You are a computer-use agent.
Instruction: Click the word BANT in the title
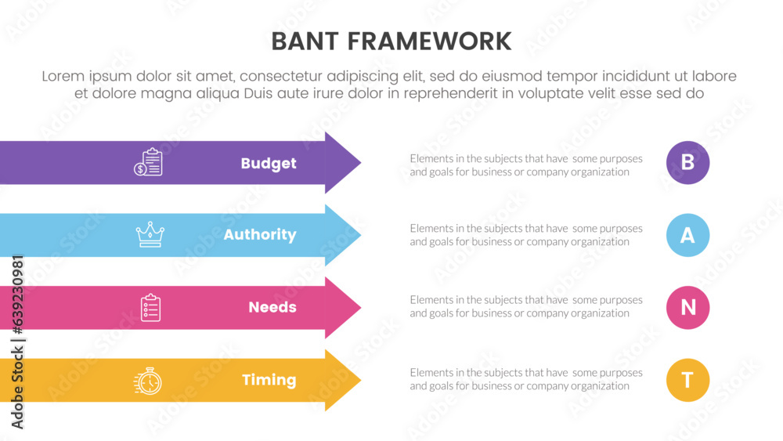pos(305,42)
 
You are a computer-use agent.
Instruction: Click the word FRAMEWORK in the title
pos(429,42)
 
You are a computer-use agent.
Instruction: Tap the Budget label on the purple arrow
pos(269,163)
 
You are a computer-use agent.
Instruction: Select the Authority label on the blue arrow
pos(260,235)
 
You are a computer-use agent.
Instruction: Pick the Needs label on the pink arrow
pos(272,307)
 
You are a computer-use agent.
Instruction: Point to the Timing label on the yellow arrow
pos(269,380)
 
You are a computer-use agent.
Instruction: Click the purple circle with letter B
pos(687,162)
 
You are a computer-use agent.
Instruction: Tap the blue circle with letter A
pos(687,235)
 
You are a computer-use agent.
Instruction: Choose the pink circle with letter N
pos(687,307)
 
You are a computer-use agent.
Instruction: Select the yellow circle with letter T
pos(687,380)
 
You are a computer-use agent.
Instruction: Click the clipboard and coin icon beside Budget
pos(148,162)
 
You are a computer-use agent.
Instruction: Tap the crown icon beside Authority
pos(150,234)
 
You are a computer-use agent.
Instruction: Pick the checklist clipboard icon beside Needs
pos(150,307)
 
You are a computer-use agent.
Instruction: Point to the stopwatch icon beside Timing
pos(148,381)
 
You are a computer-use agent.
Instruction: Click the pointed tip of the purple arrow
pos(360,162)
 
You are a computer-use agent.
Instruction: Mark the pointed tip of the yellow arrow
pos(360,380)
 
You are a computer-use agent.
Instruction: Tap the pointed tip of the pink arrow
pos(360,307)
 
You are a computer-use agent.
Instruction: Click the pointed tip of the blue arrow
pos(360,235)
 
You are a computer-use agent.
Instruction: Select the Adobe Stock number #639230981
pos(17,295)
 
